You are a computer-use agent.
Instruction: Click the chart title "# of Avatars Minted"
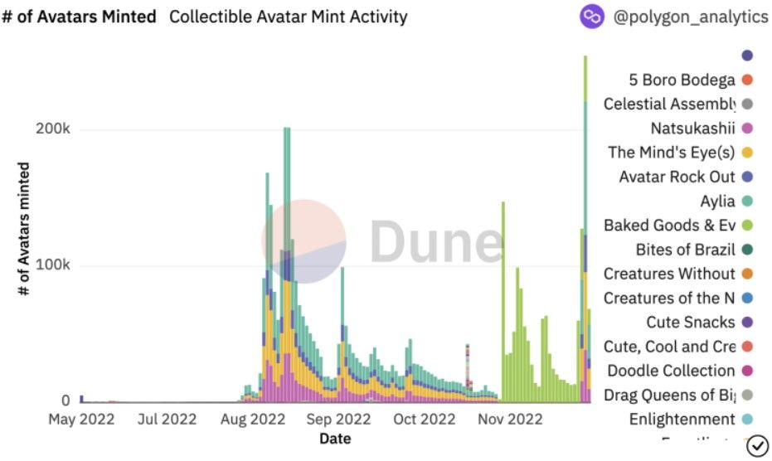tap(79, 17)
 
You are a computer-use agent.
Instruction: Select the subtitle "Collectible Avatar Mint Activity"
tap(288, 17)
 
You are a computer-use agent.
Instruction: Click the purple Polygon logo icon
tap(592, 17)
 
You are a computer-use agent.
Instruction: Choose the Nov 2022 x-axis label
tap(511, 420)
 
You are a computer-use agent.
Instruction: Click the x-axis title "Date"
tap(335, 439)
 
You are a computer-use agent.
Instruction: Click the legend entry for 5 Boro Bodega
tap(682, 80)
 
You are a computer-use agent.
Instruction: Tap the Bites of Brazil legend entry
tap(686, 250)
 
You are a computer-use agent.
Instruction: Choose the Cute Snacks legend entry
tap(691, 322)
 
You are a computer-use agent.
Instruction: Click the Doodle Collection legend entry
tap(671, 371)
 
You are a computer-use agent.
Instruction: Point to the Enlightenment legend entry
tap(682, 419)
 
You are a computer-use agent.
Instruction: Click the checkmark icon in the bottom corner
tap(758, 446)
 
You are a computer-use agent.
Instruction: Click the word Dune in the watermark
tap(435, 242)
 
